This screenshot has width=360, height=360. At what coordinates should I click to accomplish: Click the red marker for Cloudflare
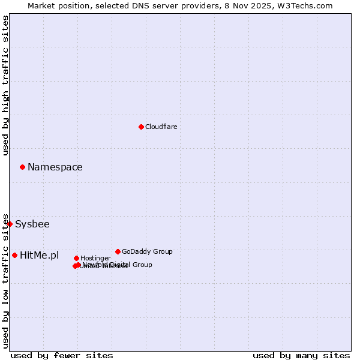pos(141,127)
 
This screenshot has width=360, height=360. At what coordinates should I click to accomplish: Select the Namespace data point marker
pos(22,167)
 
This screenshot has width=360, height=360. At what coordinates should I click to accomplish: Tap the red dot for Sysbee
pos(10,224)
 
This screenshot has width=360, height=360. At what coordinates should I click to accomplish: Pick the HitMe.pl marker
pos(14,255)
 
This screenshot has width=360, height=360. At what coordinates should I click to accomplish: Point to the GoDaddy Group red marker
pos(118,251)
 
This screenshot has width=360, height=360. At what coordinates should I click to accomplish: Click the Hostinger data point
pos(76,258)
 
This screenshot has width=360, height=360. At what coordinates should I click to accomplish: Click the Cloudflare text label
pos(161,127)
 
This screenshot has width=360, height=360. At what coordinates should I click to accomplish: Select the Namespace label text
pos(55,167)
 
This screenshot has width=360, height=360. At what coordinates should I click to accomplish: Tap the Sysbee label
pos(32,224)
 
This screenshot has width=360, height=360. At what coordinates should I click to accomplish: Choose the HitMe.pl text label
pos(40,256)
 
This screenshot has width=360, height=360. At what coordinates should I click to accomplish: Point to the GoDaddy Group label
pos(147,251)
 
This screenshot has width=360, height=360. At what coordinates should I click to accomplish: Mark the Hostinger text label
pos(95,258)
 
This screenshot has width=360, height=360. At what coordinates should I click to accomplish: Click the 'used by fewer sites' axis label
pos(62,355)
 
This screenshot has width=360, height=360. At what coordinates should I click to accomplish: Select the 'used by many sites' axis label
pos(301,355)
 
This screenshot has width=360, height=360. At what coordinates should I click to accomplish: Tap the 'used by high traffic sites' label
pos(5,85)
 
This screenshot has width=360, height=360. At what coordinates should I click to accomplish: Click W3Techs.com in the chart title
pos(307,5)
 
